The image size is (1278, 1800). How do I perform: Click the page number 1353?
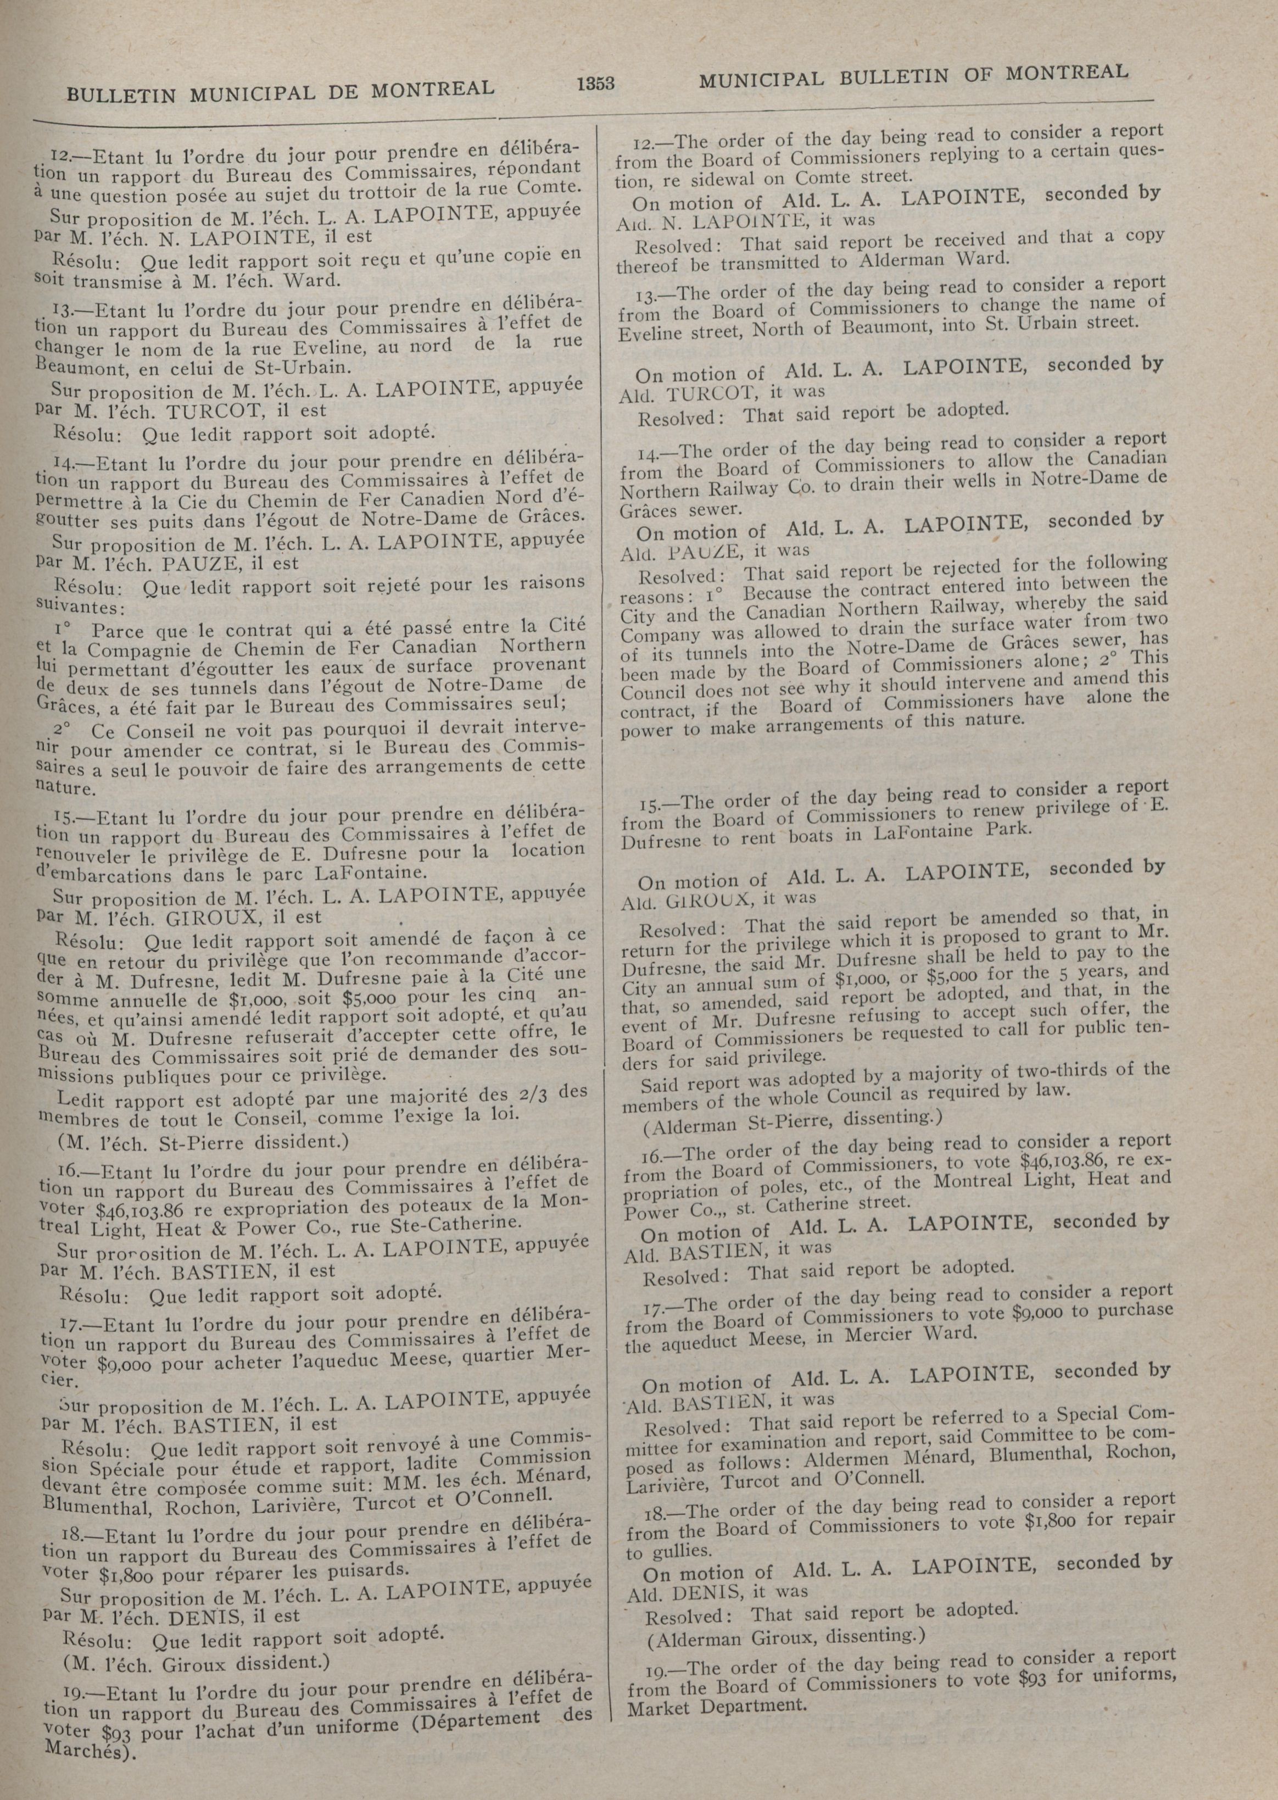tap(595, 82)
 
